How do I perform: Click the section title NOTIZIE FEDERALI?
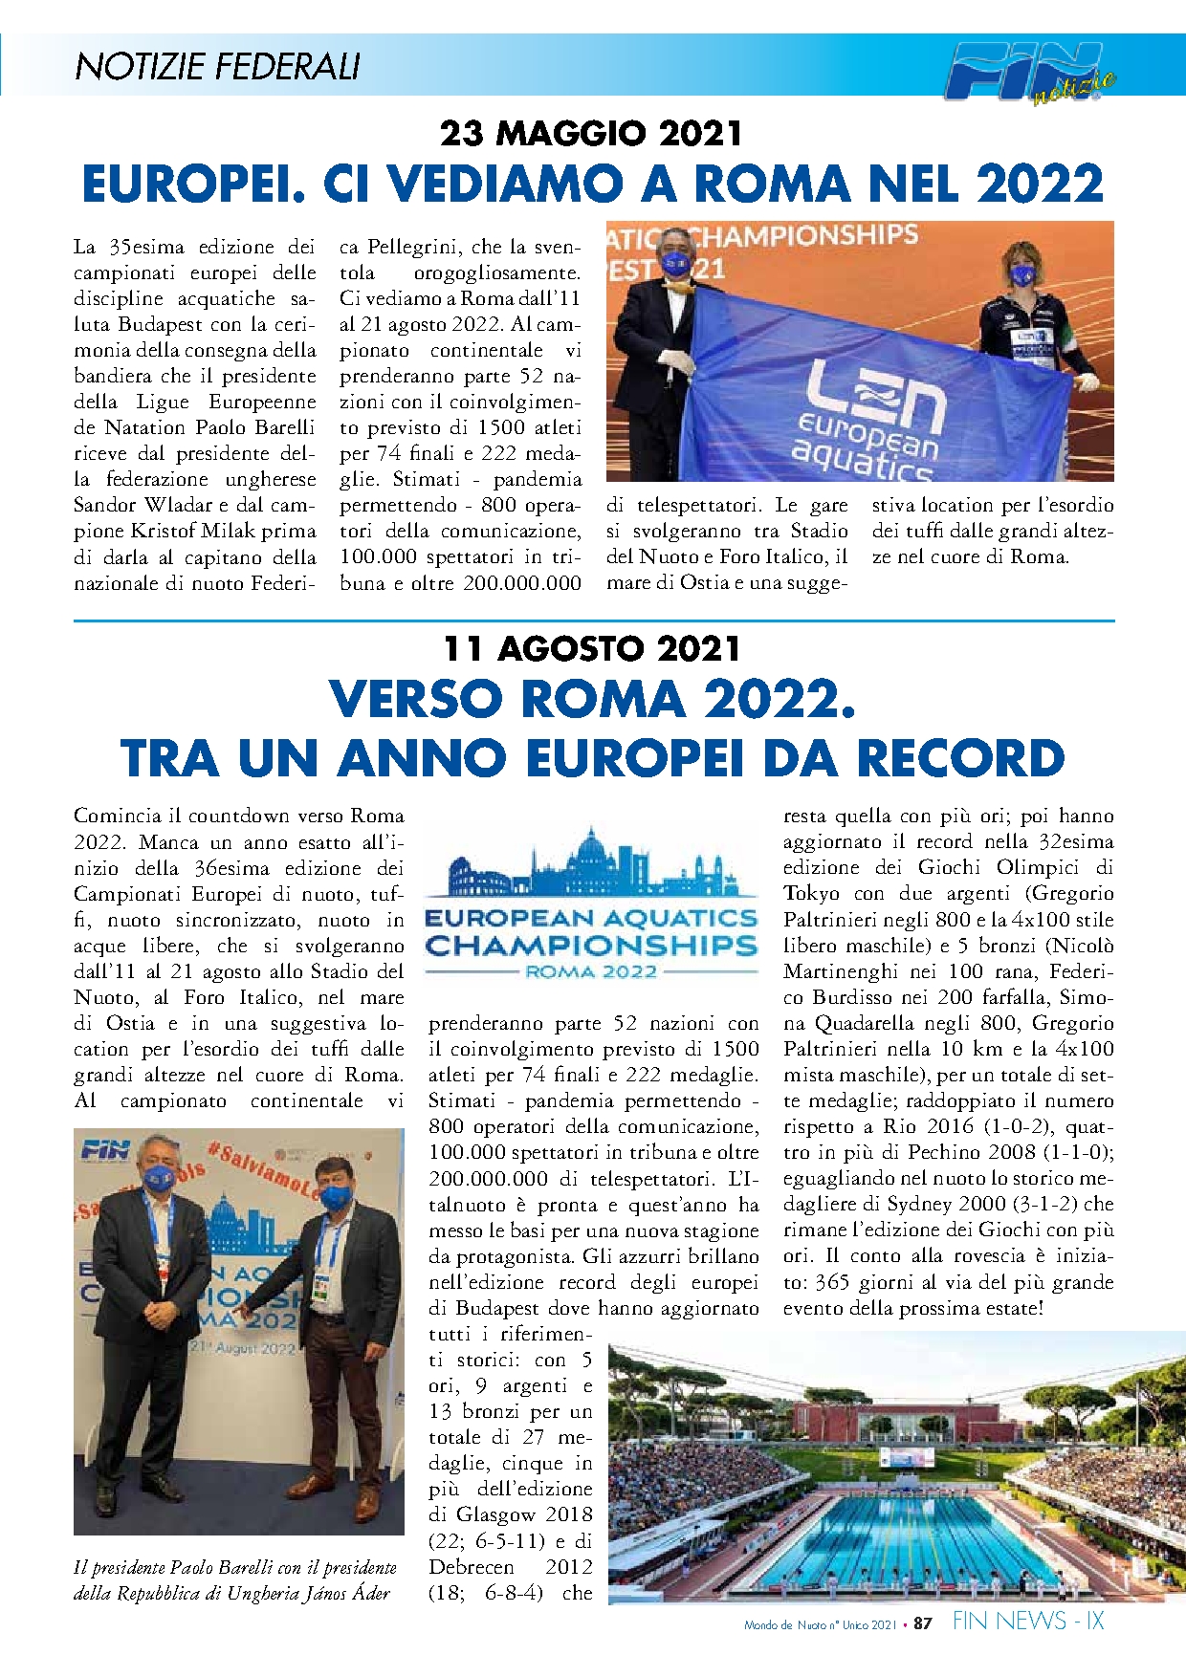[217, 66]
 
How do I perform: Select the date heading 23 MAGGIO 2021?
[591, 133]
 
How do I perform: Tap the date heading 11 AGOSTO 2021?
[591, 649]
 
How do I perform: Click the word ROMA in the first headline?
[772, 184]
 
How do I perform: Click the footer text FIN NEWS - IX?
[1028, 1621]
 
